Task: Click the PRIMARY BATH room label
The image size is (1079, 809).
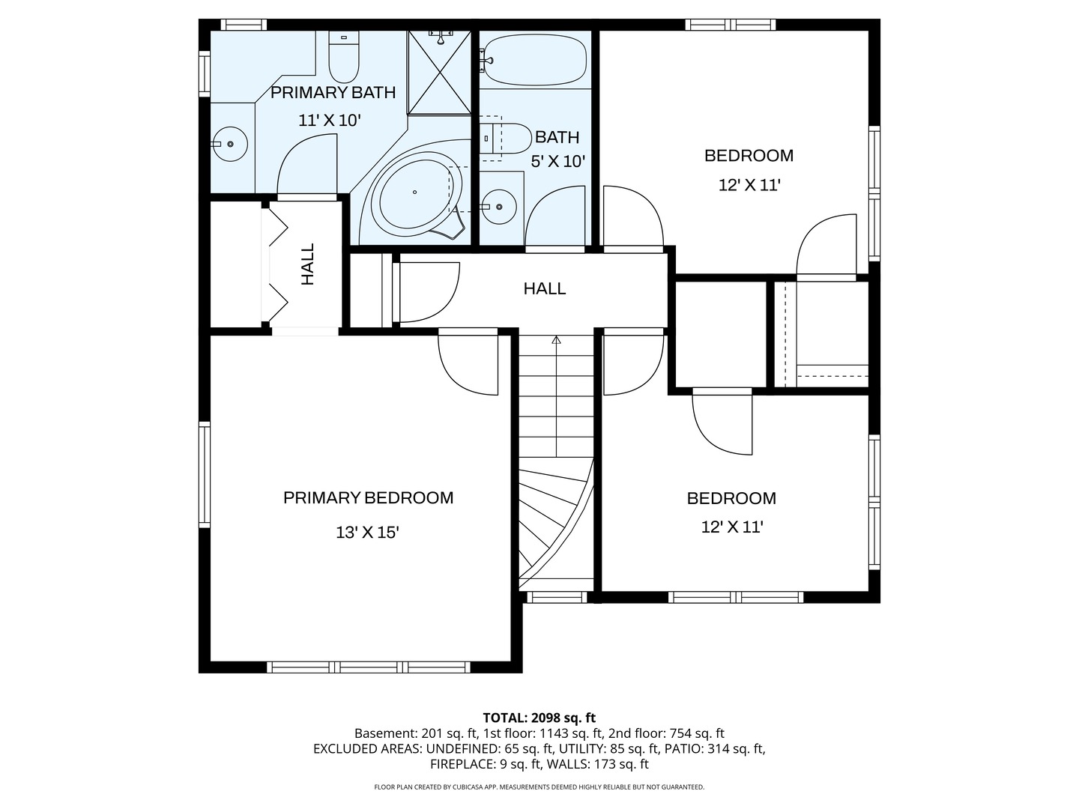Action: pyautogui.click(x=333, y=92)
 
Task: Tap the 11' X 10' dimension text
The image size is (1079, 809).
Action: pyautogui.click(x=330, y=121)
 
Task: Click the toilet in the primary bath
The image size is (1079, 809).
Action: pyautogui.click(x=344, y=56)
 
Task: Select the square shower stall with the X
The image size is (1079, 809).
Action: pyautogui.click(x=439, y=73)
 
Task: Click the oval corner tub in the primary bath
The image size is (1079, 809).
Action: pyautogui.click(x=417, y=196)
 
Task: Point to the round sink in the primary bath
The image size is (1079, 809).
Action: pyautogui.click(x=230, y=144)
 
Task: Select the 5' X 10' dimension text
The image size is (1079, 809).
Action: pyautogui.click(x=558, y=161)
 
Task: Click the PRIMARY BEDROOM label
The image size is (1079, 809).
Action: pyautogui.click(x=368, y=498)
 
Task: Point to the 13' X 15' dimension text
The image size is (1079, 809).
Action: pyautogui.click(x=367, y=533)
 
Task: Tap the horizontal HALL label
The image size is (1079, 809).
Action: pyautogui.click(x=545, y=288)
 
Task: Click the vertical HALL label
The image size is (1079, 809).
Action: pyautogui.click(x=308, y=264)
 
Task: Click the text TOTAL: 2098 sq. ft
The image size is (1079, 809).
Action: pyautogui.click(x=539, y=718)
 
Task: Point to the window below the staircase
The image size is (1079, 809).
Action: pyautogui.click(x=557, y=597)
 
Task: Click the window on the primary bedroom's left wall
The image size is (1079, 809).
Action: pyautogui.click(x=205, y=474)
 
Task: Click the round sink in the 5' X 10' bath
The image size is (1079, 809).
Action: pyautogui.click(x=500, y=207)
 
